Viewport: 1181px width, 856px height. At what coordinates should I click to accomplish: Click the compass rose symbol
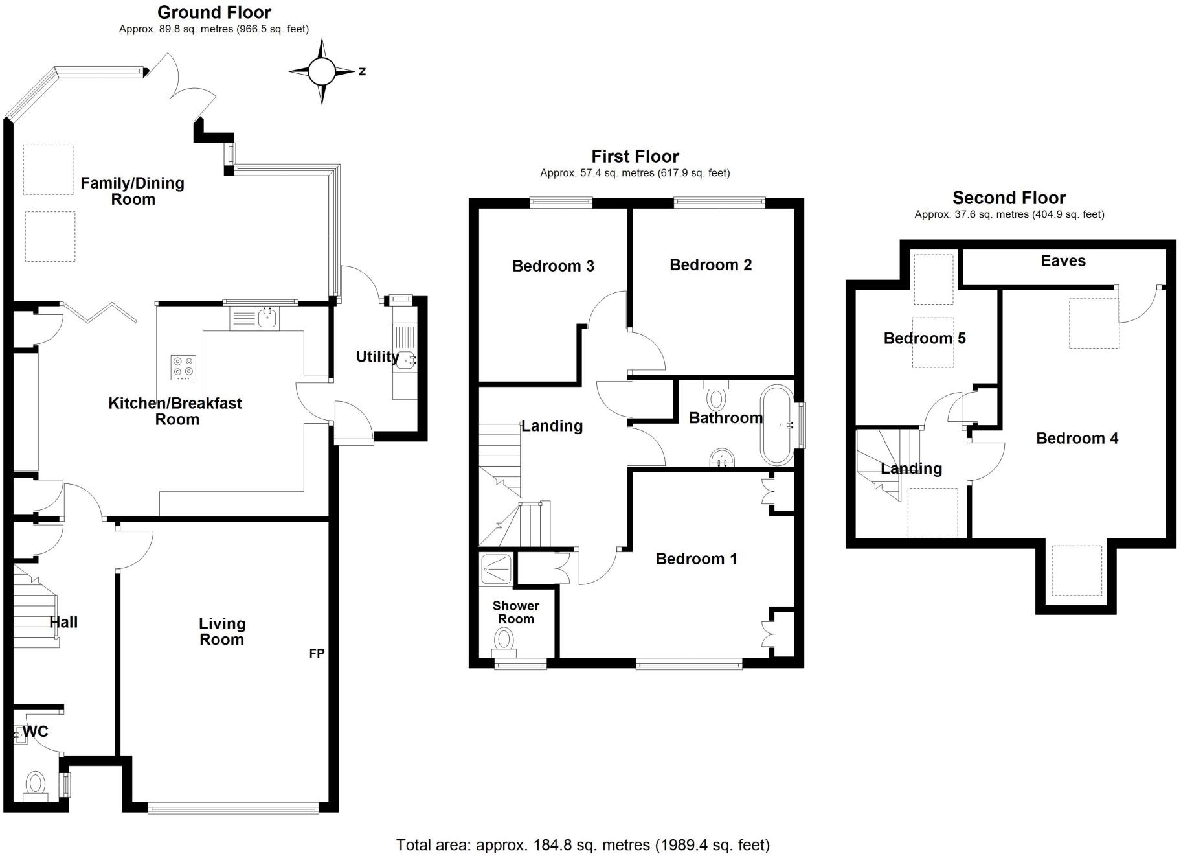pyautogui.click(x=322, y=71)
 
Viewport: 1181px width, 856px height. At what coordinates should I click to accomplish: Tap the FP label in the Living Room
pyautogui.click(x=317, y=653)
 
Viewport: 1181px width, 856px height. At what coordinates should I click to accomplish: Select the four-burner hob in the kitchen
pyautogui.click(x=183, y=367)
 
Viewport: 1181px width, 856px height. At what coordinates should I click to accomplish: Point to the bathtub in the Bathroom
pyautogui.click(x=777, y=425)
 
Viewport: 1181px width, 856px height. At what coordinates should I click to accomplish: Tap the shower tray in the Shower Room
pyautogui.click(x=497, y=568)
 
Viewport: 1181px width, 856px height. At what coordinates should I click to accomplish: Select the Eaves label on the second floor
pyautogui.click(x=1063, y=261)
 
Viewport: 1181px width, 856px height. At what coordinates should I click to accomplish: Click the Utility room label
pyautogui.click(x=377, y=356)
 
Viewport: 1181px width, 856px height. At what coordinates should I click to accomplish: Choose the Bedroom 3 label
pyautogui.click(x=552, y=266)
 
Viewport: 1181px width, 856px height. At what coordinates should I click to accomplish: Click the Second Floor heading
pyautogui.click(x=1008, y=198)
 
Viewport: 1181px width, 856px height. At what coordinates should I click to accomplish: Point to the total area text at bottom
pyautogui.click(x=582, y=845)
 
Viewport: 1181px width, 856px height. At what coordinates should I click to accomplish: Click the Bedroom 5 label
pyautogui.click(x=924, y=338)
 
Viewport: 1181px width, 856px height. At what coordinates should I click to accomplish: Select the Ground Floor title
pyautogui.click(x=214, y=12)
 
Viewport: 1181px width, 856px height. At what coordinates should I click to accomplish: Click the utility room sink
pyautogui.click(x=407, y=359)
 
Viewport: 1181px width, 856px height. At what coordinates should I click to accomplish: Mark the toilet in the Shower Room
pyautogui.click(x=504, y=640)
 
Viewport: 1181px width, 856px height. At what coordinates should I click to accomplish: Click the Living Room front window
pyautogui.click(x=233, y=807)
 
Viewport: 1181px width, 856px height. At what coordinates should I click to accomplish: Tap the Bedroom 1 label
pyautogui.click(x=696, y=559)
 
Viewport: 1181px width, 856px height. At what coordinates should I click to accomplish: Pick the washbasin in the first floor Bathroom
pyautogui.click(x=722, y=458)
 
